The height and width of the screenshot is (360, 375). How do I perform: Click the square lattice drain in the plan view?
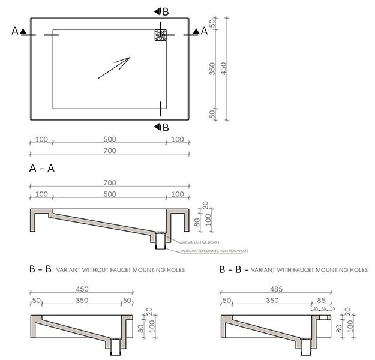160,35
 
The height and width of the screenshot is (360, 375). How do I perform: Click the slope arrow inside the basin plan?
114,67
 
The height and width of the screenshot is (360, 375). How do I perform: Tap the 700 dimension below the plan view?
110,151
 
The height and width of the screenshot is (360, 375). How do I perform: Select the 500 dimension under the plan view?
110,139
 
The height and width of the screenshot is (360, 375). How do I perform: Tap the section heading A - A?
43,169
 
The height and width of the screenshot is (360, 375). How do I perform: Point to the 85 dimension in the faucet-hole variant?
322,299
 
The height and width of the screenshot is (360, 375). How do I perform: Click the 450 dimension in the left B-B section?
81,289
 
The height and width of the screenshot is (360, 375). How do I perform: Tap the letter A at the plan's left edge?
15,32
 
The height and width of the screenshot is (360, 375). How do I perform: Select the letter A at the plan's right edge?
204,32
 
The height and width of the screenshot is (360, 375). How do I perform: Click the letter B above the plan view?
166,11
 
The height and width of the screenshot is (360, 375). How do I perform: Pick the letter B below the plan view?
166,127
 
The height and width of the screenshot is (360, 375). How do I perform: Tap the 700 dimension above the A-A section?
110,182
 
